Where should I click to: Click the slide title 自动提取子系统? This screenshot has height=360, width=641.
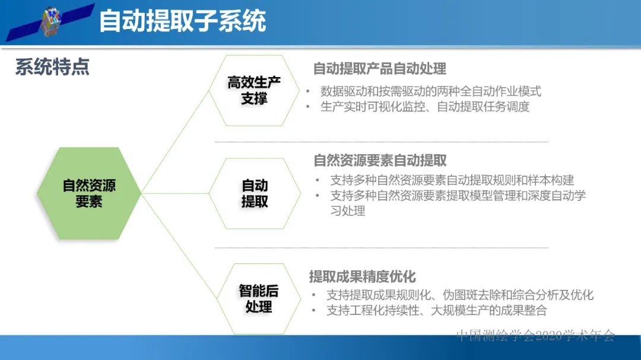click(182, 21)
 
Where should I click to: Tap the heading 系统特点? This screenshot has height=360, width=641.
click(52, 67)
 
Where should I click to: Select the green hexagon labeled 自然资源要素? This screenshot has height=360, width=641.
click(89, 193)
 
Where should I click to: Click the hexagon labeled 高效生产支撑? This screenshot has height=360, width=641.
click(254, 90)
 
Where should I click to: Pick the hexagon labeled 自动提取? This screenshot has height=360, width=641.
click(255, 193)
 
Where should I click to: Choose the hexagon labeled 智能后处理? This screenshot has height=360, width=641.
click(258, 298)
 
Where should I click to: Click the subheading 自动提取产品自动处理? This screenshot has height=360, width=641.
click(380, 69)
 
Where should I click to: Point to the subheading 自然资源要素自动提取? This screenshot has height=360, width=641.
click(380, 160)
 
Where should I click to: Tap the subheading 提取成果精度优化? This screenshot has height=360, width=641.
click(362, 276)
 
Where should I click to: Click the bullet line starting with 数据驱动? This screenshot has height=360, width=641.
click(430, 91)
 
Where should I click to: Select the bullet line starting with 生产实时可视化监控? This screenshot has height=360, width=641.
click(424, 107)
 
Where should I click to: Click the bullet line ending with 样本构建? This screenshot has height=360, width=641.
click(452, 180)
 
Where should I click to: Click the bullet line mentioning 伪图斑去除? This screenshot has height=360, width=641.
click(459, 295)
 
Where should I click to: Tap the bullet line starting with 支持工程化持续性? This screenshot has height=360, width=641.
click(436, 310)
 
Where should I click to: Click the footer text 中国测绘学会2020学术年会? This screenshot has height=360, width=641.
click(535, 336)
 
